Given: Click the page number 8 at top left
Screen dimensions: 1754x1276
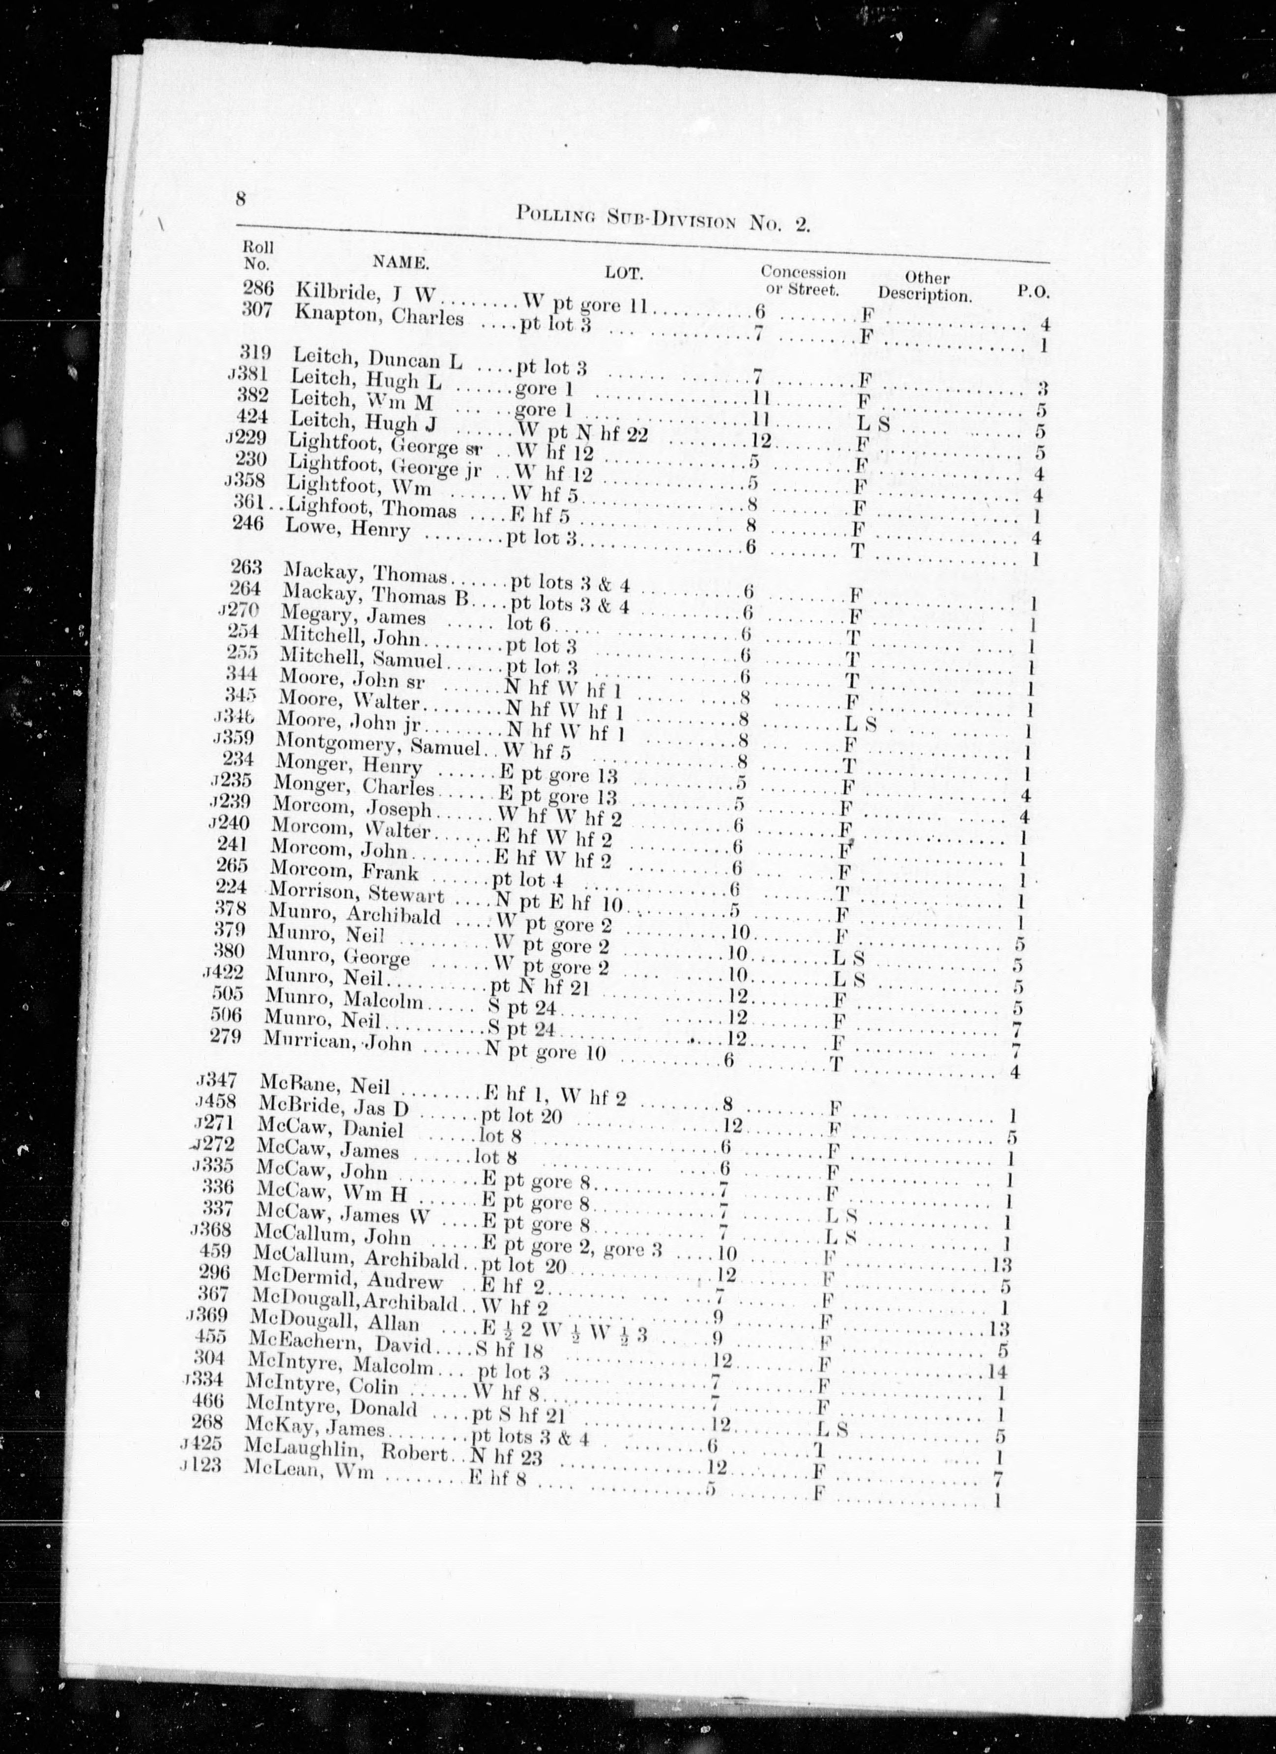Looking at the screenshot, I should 240,199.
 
